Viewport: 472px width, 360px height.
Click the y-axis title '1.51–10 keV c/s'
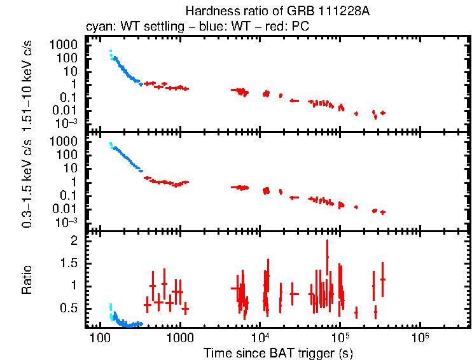[x=29, y=85]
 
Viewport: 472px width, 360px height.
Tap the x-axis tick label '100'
[x=99, y=336]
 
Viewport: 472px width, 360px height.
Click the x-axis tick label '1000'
[x=179, y=336]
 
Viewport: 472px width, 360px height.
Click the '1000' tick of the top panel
[x=64, y=45]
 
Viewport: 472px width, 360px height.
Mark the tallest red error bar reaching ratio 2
[x=327, y=256]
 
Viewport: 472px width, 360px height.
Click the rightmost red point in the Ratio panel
[x=382, y=279]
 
